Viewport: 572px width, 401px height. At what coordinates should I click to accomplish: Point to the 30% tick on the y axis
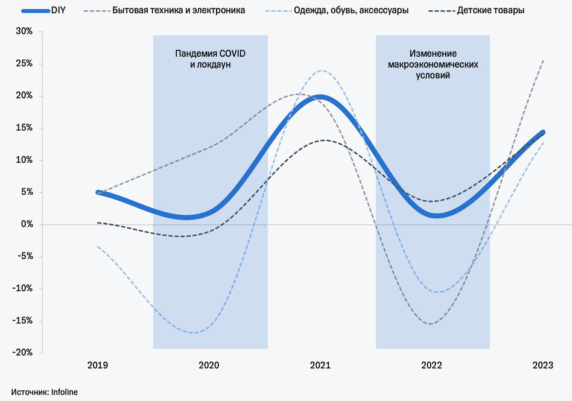pyautogui.click(x=24, y=32)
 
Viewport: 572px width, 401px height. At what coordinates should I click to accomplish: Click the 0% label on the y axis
pyautogui.click(x=27, y=224)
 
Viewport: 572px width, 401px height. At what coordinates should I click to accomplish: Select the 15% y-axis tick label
pyautogui.click(x=24, y=128)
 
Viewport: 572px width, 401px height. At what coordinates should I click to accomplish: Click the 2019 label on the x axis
pyautogui.click(x=98, y=365)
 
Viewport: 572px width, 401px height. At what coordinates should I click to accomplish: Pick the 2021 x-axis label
pyautogui.click(x=320, y=365)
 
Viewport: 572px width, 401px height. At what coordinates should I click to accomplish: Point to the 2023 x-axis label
pyautogui.click(x=543, y=365)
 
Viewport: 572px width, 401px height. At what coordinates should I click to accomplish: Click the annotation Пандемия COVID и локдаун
pyautogui.click(x=211, y=59)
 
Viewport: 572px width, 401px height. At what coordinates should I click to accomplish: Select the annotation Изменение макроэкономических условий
pyautogui.click(x=433, y=65)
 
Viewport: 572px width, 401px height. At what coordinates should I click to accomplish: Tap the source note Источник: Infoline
pyautogui.click(x=44, y=392)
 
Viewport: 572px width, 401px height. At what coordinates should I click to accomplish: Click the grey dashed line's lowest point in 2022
pyautogui.click(x=431, y=324)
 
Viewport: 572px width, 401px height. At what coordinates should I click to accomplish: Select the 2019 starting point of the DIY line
pyautogui.click(x=98, y=192)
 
